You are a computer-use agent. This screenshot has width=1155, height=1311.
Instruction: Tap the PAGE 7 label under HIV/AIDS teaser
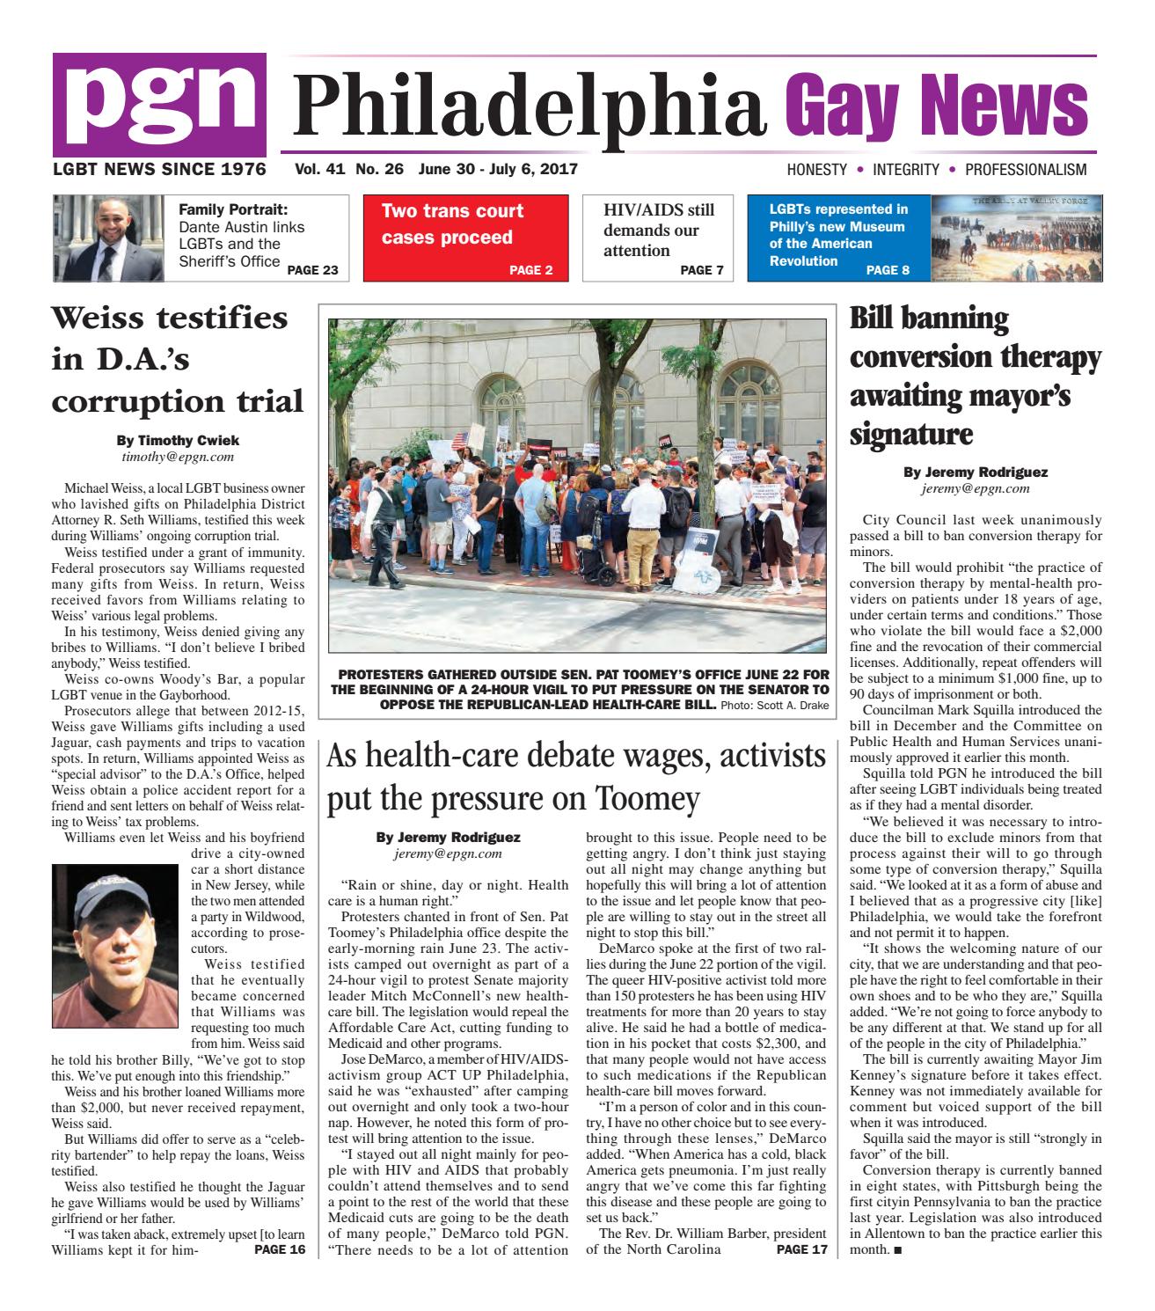coord(701,270)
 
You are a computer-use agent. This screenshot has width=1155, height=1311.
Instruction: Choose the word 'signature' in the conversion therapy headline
coord(911,434)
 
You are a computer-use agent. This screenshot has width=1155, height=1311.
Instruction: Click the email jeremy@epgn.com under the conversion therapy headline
coord(975,487)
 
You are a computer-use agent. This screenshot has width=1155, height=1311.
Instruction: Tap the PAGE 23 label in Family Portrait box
coord(312,270)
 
